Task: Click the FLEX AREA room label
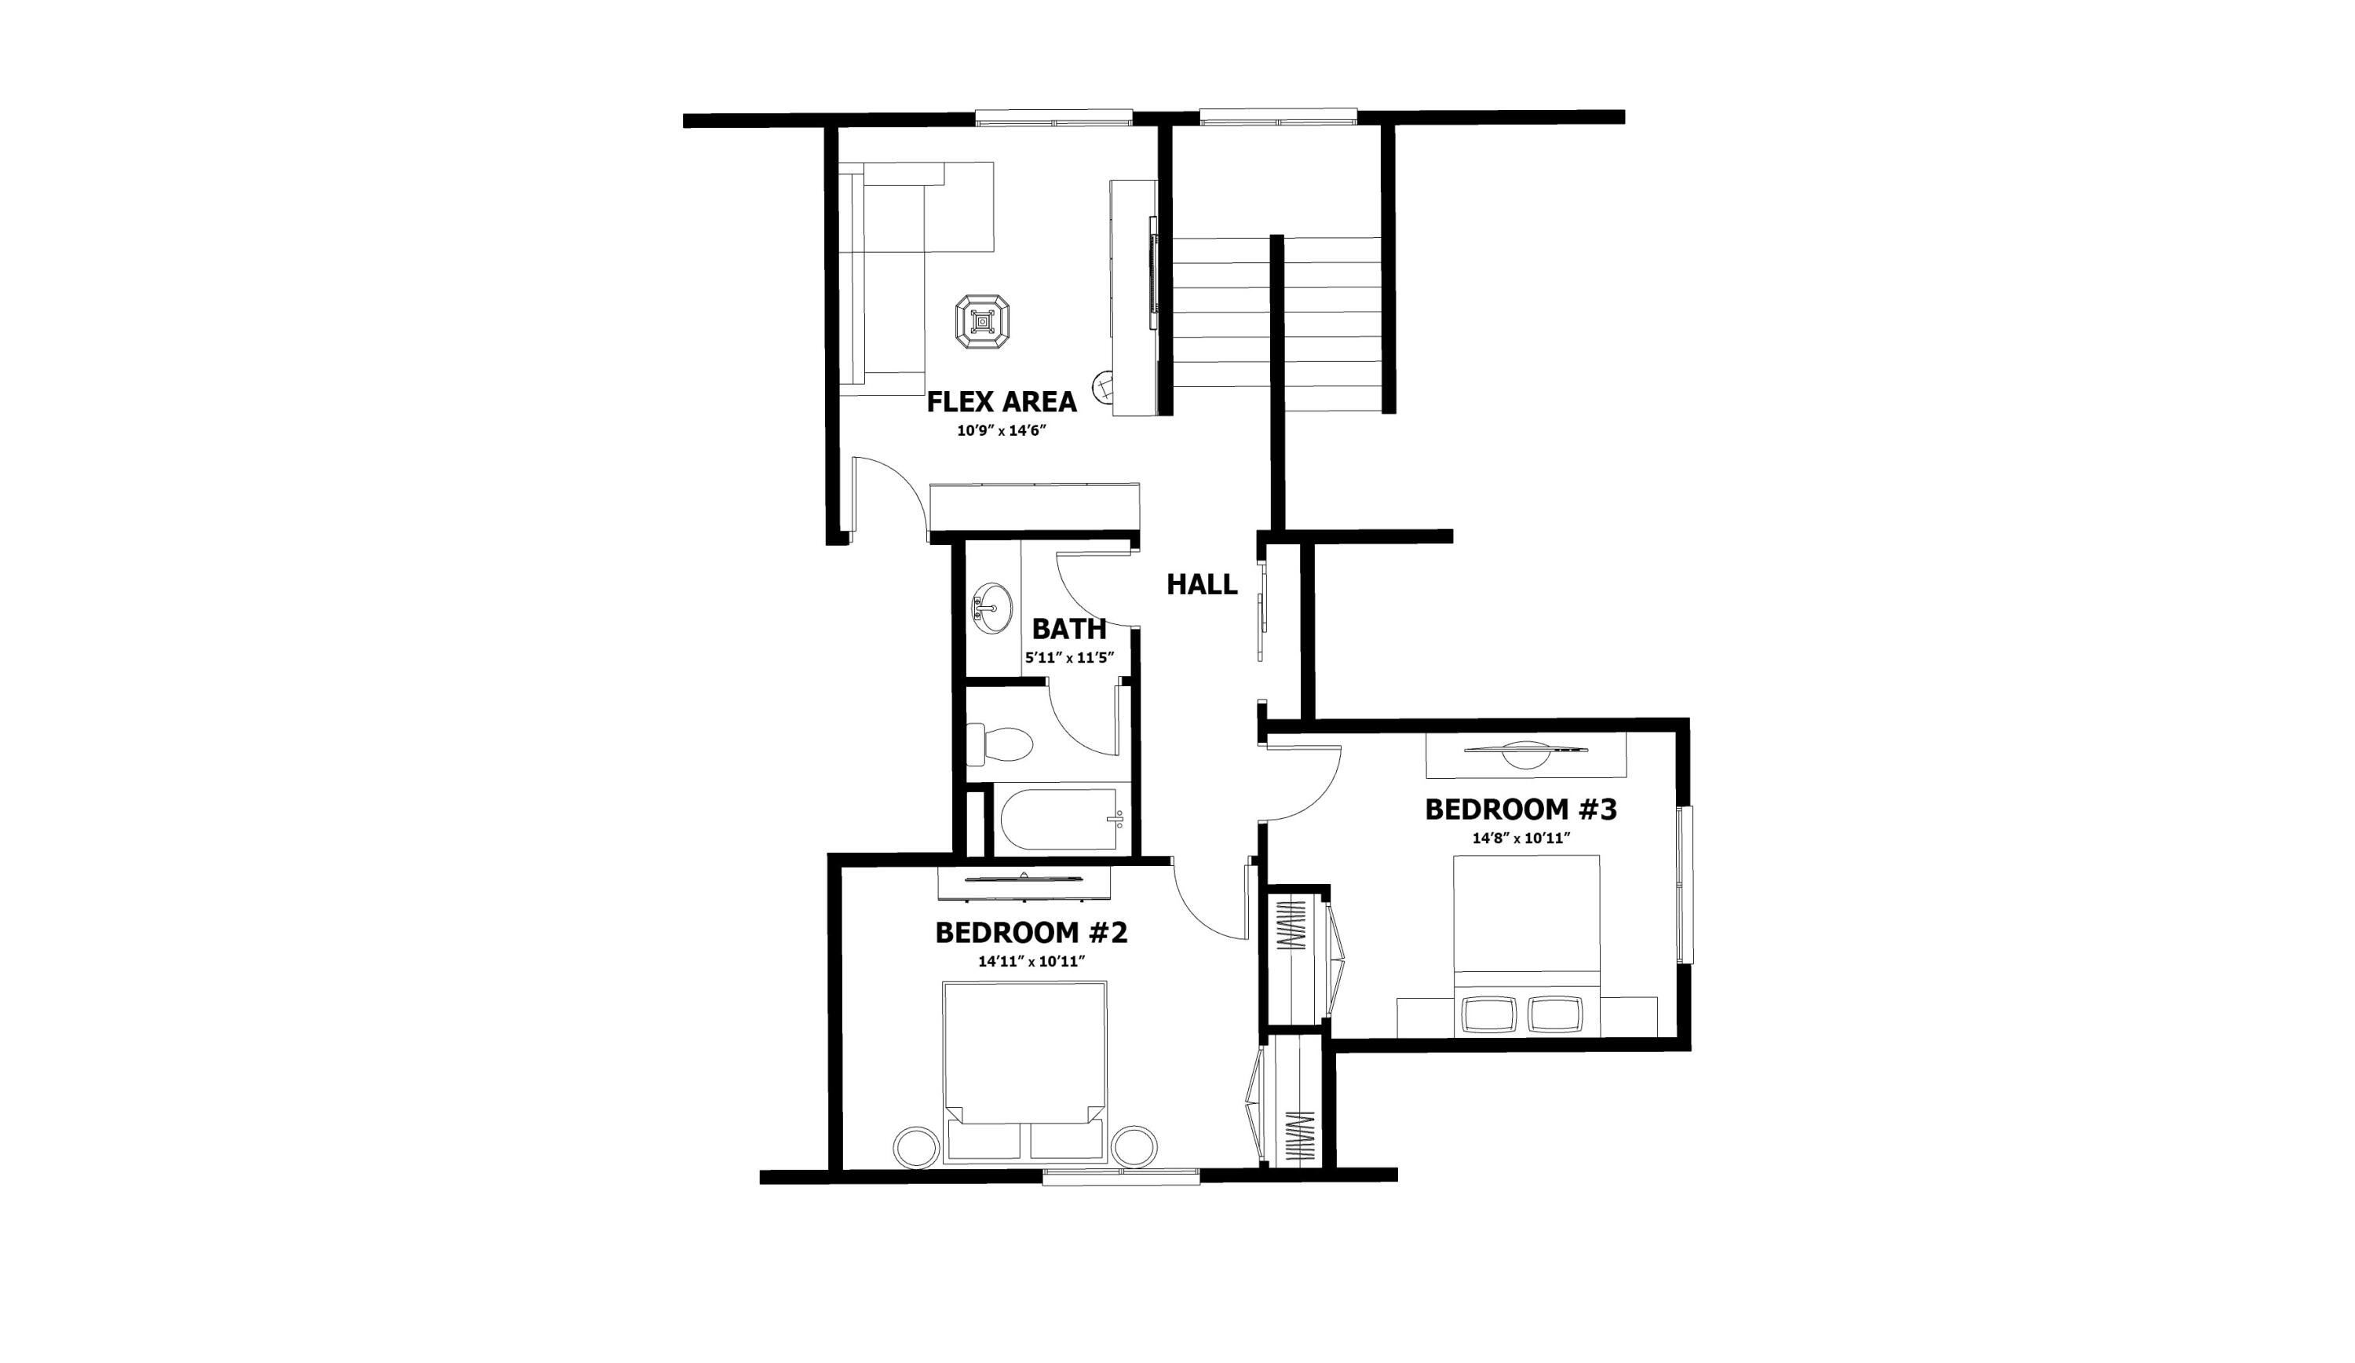1001,402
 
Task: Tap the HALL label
1202,585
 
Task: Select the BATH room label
1069,628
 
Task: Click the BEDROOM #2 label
1031,933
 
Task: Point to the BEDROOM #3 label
1521,809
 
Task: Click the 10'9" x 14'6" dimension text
1000,432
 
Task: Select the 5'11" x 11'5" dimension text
1069,658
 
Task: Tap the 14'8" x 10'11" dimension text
1521,839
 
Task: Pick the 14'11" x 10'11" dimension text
1031,961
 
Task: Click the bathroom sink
992,608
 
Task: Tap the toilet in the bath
1000,746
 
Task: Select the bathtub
1060,820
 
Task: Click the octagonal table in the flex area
982,323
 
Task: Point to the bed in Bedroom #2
1024,1065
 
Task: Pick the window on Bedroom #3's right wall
1685,884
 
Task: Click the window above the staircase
1277,116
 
